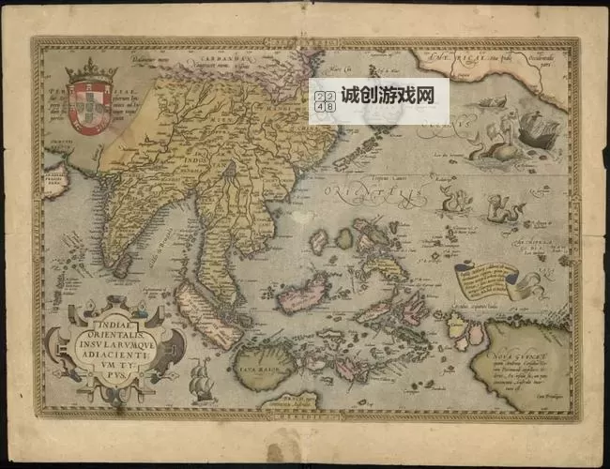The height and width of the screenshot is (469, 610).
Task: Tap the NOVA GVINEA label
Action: tap(520, 354)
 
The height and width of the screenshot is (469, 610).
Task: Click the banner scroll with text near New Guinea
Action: tap(488, 278)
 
